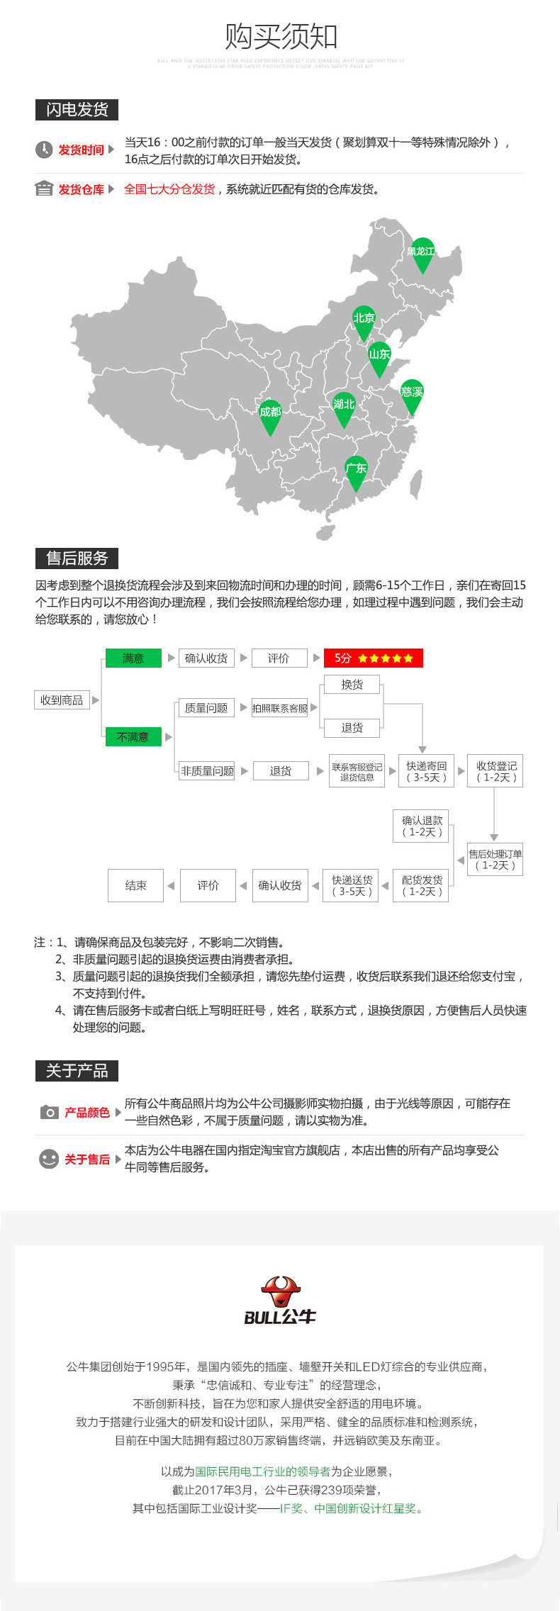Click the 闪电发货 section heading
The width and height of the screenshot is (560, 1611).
[x=77, y=110]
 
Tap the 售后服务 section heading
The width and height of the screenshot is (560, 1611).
[x=77, y=558]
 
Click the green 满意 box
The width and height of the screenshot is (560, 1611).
[x=133, y=658]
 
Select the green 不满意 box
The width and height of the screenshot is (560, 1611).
[x=133, y=737]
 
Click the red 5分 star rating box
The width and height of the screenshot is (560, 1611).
[x=373, y=658]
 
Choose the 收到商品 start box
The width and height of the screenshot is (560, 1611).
[x=62, y=700]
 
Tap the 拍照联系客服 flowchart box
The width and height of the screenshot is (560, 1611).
[x=280, y=708]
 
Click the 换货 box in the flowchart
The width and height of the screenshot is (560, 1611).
[x=352, y=685]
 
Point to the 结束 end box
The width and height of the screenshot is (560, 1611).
[x=135, y=885]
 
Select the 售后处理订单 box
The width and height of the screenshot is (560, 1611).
[x=495, y=860]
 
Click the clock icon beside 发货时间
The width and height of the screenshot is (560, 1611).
[x=44, y=150]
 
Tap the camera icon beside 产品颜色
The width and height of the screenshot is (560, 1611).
[x=49, y=1112]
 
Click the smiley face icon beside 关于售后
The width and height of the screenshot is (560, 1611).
[x=49, y=1159]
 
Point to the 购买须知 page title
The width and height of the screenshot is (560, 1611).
[x=281, y=36]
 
